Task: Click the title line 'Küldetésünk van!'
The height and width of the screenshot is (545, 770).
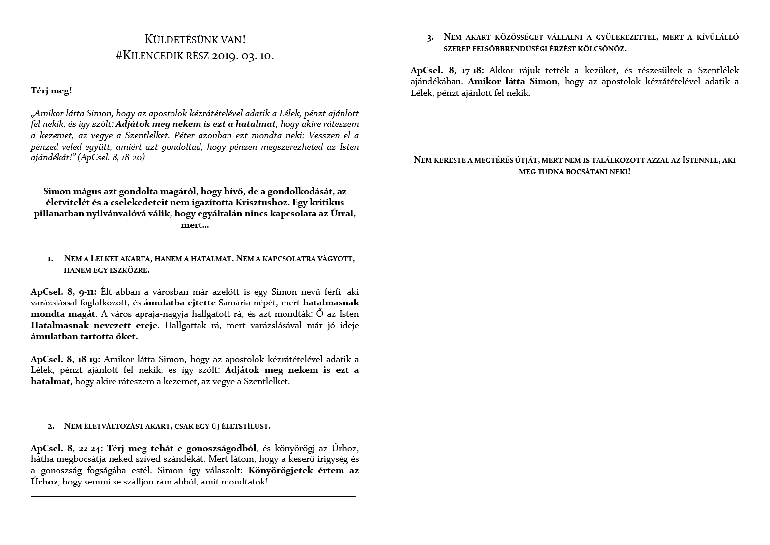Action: (195, 39)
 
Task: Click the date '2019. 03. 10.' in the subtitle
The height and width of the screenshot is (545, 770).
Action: (243, 55)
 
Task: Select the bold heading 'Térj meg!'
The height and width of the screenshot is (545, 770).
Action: (52, 91)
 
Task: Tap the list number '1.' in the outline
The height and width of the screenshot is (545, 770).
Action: (50, 258)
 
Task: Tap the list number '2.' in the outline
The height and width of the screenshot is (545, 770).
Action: (51, 426)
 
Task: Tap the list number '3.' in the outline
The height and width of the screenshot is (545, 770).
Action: (430, 37)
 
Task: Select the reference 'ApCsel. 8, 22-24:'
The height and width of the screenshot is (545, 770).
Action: (67, 448)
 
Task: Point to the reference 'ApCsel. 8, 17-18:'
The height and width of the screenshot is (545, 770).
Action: (447, 70)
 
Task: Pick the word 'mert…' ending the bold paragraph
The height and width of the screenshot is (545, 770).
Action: (195, 225)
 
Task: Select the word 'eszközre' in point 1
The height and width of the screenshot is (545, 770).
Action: (129, 270)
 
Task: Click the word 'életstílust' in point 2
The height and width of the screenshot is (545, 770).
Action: (246, 426)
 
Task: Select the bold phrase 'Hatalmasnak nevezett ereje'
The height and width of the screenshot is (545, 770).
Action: (94, 325)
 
